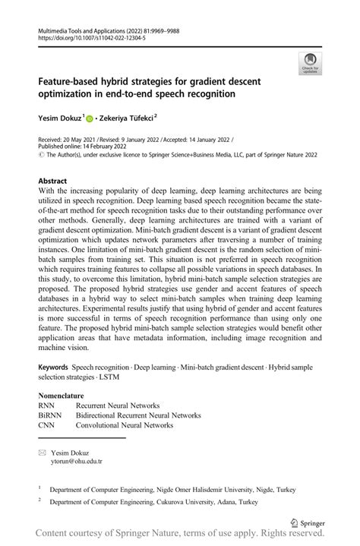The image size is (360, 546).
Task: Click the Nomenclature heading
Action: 65,396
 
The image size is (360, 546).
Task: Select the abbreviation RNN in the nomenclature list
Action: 47,406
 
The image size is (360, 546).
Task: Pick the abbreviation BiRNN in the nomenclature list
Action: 51,415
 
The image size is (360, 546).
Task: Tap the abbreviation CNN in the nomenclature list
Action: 47,425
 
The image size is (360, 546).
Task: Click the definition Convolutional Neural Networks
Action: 125,425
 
